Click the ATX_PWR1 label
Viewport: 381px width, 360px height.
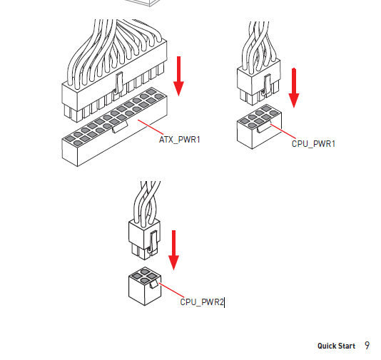[x=180, y=140]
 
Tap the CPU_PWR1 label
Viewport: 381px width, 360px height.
[x=313, y=144]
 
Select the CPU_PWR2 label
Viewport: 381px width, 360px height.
[x=202, y=302]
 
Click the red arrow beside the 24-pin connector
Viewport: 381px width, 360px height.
[x=178, y=76]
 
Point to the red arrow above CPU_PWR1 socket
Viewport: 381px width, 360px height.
[x=294, y=88]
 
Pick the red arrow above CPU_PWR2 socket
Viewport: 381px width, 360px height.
[x=174, y=250]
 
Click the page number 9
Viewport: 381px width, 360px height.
[x=367, y=346]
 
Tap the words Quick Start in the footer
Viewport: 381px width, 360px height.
[x=336, y=346]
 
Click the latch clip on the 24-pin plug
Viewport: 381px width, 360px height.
[x=118, y=83]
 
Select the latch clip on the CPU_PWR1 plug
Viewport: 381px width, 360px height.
[x=266, y=86]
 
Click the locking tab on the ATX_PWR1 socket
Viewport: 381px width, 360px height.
[x=120, y=127]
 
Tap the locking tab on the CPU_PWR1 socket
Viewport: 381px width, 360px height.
[x=264, y=128]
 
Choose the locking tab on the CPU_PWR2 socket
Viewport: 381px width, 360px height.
[x=154, y=284]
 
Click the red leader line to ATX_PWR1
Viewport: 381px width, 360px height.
[x=151, y=127]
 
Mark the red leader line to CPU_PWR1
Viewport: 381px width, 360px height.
[x=283, y=132]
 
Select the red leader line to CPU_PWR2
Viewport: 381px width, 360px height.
[x=172, y=290]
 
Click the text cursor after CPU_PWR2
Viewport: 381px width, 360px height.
[x=224, y=303]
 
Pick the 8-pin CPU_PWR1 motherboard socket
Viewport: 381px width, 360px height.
[x=259, y=127]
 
